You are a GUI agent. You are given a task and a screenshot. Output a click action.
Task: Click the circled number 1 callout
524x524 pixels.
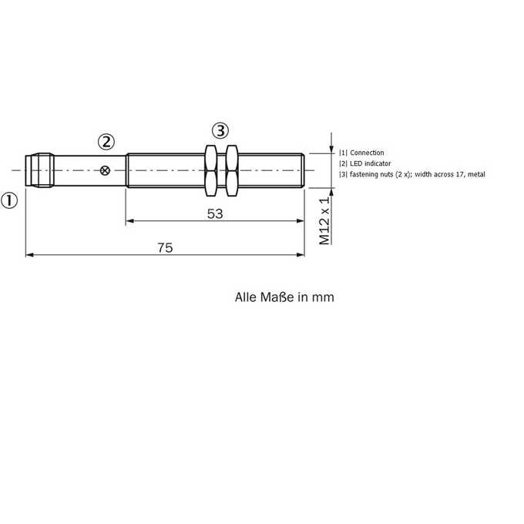[x=9, y=201]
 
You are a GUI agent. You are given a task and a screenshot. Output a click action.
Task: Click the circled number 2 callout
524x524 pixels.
[x=106, y=142]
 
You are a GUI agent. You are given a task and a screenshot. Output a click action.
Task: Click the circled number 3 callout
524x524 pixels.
[x=220, y=131]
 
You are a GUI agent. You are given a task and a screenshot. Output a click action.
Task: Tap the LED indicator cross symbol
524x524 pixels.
[x=105, y=171]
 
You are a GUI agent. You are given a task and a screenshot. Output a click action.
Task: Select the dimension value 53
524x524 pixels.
[x=215, y=214]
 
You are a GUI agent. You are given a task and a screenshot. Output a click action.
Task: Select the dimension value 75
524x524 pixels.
[x=165, y=247]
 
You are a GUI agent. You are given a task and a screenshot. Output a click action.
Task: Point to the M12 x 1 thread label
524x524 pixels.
[x=324, y=221]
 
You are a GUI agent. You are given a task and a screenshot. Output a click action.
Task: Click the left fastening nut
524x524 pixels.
[x=210, y=170]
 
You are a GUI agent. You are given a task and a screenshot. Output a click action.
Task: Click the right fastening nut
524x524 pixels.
[x=232, y=170]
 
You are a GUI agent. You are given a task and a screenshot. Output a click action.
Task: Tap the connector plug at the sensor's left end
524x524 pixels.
[x=39, y=170]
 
